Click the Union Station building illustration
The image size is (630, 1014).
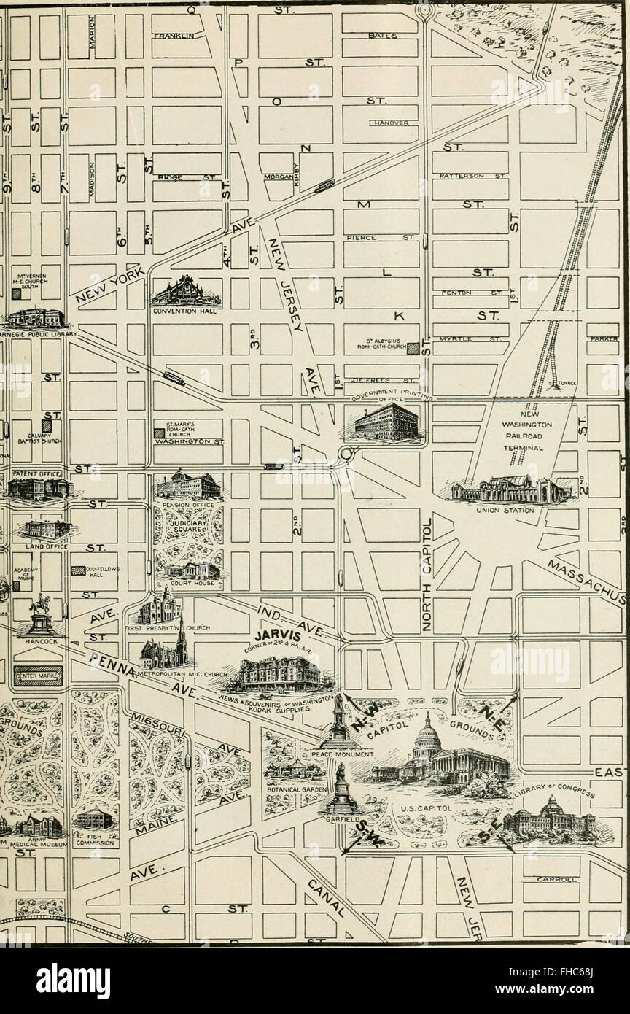pos(510,489)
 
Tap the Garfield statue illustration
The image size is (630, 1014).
pos(340,784)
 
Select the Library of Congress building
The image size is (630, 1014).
pos(548,821)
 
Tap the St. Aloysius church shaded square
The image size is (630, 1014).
pos(413,349)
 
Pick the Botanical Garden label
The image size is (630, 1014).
pos(290,789)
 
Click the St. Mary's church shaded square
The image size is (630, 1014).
pos(159,433)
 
